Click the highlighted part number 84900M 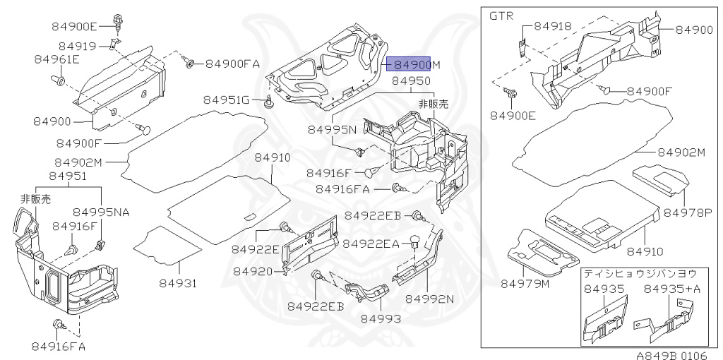417,65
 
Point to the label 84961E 56,60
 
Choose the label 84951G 227,100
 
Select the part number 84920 253,271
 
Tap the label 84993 381,318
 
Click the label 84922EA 371,244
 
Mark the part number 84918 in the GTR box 553,26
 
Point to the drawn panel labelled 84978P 659,178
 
